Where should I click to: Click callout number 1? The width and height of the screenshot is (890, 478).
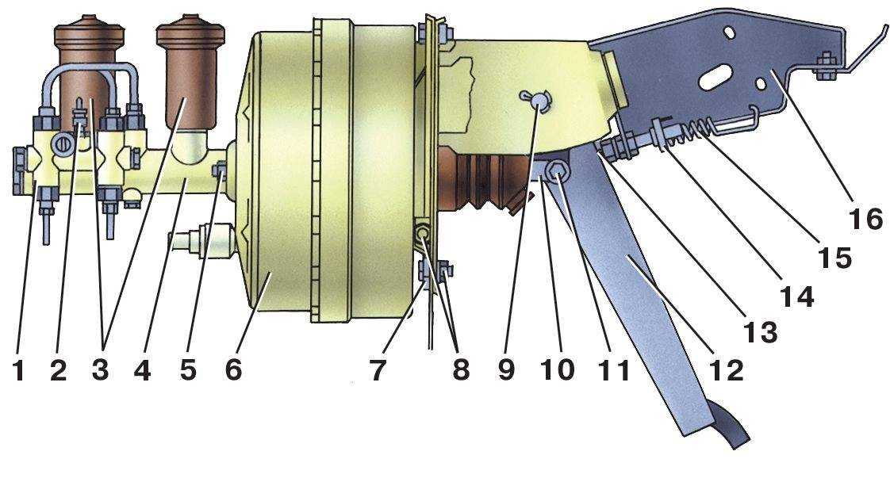(19, 371)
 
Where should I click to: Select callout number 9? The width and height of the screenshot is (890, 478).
(506, 371)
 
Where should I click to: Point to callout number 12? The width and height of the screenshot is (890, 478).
(727, 371)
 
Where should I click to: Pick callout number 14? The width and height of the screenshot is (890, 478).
(797, 296)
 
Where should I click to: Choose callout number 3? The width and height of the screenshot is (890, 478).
(100, 371)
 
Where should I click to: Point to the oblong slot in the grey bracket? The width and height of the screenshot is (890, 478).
(717, 78)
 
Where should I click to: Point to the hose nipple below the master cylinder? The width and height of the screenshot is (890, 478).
(202, 240)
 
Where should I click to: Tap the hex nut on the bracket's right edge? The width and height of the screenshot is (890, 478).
(825, 66)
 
